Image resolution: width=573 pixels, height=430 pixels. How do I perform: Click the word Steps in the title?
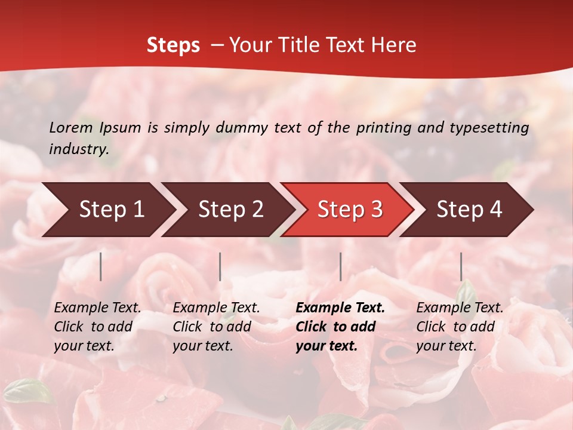pos(173,45)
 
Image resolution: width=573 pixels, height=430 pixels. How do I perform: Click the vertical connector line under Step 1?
pos(101,266)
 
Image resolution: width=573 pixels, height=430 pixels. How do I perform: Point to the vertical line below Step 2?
pos(220,266)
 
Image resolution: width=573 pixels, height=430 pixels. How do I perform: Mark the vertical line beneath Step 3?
pos(340,266)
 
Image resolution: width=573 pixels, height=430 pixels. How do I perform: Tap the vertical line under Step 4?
pos(461,266)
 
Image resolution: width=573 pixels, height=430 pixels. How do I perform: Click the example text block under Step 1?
pos(97,327)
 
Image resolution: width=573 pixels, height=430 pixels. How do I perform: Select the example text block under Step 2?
pos(216,327)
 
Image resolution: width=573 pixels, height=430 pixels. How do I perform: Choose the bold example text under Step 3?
pos(340,327)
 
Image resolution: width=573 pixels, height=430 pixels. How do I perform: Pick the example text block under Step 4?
pos(460,327)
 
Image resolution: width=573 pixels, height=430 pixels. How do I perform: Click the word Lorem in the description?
pos(71,128)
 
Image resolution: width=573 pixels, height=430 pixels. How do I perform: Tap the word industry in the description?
pos(79,149)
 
